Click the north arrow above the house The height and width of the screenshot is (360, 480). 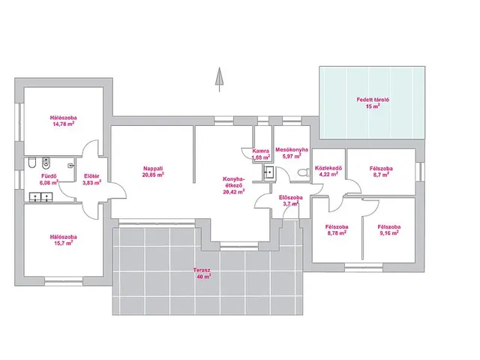(219, 79)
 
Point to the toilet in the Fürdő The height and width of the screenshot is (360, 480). (31, 163)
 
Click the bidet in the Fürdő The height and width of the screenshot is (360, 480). (46, 163)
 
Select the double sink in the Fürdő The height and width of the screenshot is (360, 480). (41, 196)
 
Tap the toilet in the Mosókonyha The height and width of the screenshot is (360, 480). (303, 173)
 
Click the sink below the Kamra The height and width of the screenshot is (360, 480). (268, 172)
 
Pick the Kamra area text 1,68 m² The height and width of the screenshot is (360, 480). (261, 157)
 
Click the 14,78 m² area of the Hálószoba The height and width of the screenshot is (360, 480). (64, 124)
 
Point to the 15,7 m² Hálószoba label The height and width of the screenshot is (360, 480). (64, 240)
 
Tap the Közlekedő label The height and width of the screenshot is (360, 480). (328, 168)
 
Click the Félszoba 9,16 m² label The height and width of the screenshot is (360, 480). (389, 230)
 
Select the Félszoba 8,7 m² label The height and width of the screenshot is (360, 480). (381, 172)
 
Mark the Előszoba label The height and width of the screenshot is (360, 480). (291, 197)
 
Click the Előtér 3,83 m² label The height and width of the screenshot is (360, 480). (91, 179)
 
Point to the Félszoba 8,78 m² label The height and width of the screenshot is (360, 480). (337, 230)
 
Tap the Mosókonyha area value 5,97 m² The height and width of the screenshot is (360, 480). (292, 156)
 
